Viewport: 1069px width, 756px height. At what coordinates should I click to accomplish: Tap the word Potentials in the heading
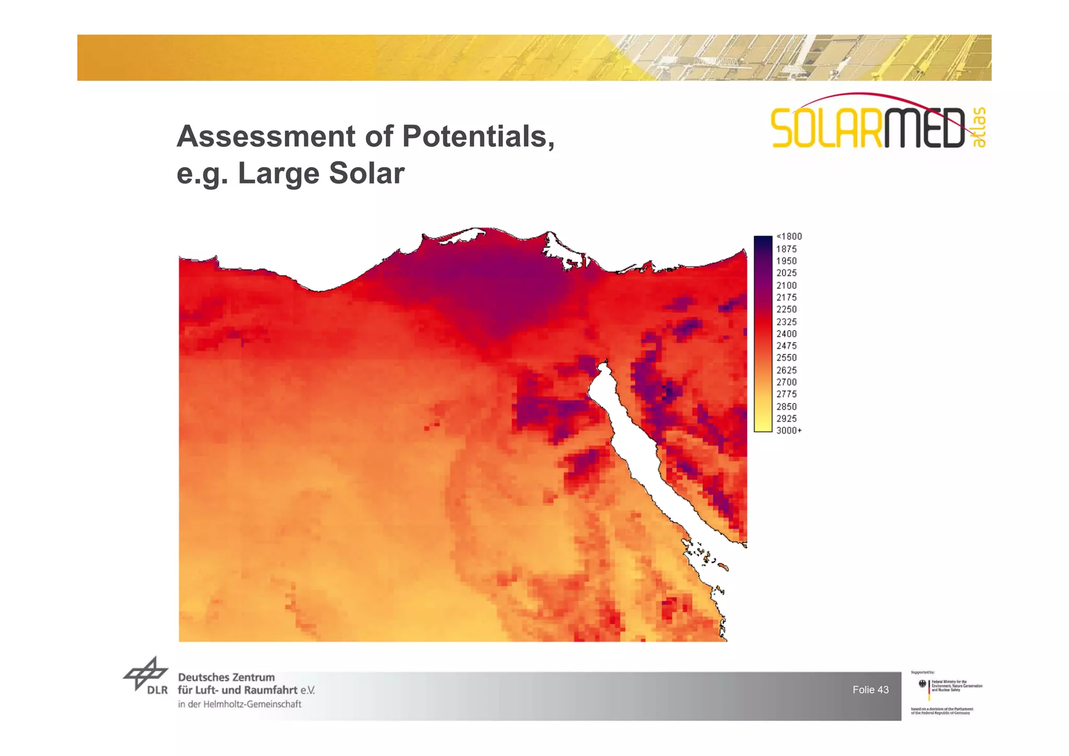[x=478, y=136]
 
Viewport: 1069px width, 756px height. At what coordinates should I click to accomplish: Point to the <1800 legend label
[x=789, y=237]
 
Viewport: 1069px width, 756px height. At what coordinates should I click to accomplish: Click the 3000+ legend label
[x=789, y=431]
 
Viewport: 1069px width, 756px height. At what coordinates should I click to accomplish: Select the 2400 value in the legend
[x=786, y=334]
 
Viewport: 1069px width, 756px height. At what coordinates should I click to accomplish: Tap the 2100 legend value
[x=786, y=286]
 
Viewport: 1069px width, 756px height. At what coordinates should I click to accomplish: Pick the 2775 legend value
[x=786, y=394]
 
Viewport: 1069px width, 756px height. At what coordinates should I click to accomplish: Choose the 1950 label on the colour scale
[x=786, y=261]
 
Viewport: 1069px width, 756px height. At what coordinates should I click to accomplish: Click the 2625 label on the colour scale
[x=786, y=370]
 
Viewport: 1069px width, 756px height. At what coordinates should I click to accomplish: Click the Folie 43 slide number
[x=870, y=690]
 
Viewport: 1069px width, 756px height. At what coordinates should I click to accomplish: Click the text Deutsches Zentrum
[x=226, y=677]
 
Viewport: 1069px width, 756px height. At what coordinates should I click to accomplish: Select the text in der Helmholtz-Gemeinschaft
[x=240, y=704]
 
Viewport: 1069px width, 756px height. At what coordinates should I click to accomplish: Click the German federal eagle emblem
[x=922, y=683]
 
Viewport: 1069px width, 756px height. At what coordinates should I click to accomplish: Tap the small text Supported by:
[x=922, y=672]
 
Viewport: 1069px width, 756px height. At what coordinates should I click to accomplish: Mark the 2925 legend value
[x=786, y=419]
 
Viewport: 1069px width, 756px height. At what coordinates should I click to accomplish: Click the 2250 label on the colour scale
[x=786, y=310]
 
